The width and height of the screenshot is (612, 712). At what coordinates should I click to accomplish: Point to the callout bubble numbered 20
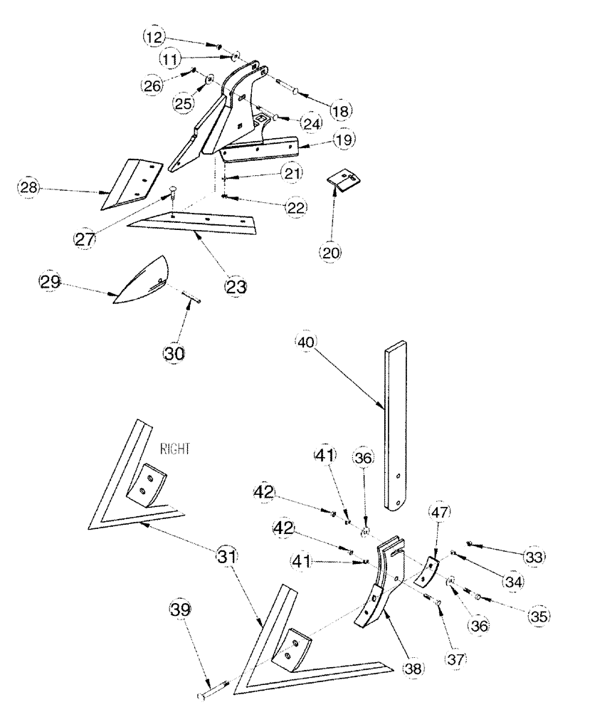(x=332, y=251)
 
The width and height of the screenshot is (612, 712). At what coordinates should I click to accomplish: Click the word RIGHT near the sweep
(x=176, y=450)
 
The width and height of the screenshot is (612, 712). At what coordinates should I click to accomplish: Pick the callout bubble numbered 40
(x=305, y=342)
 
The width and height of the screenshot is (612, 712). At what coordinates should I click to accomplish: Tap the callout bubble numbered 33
(x=532, y=555)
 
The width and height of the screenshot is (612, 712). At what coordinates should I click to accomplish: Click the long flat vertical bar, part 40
(x=396, y=427)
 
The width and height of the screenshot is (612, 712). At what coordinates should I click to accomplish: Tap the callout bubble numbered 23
(x=236, y=288)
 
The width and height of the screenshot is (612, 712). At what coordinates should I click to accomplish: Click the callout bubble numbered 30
(x=174, y=352)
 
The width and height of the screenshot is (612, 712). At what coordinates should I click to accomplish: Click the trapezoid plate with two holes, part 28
(x=131, y=184)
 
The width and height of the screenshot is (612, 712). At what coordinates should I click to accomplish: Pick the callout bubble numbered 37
(x=455, y=659)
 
